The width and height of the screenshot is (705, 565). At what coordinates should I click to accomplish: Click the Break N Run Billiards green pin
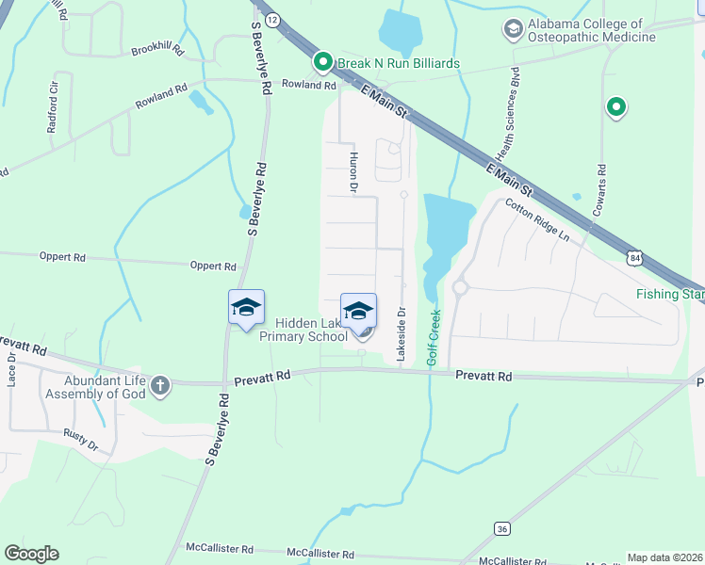(x=322, y=63)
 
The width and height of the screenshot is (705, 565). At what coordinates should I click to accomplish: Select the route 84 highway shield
(x=637, y=255)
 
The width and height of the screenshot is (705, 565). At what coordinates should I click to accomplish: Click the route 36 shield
(x=500, y=529)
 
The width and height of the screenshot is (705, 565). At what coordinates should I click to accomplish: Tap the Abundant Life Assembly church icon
(x=160, y=384)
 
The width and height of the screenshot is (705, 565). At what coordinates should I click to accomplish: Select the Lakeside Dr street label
(x=401, y=334)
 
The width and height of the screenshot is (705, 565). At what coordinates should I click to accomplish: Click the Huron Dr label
(x=354, y=173)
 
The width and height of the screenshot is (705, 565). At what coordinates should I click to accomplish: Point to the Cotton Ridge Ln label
(x=536, y=219)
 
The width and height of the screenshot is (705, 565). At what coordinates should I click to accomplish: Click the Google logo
(x=31, y=554)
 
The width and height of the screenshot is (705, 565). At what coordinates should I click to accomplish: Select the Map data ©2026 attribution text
(x=664, y=557)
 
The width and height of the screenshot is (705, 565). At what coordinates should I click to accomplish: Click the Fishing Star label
(x=669, y=294)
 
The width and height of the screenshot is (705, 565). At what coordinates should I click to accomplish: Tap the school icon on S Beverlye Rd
(x=246, y=308)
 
